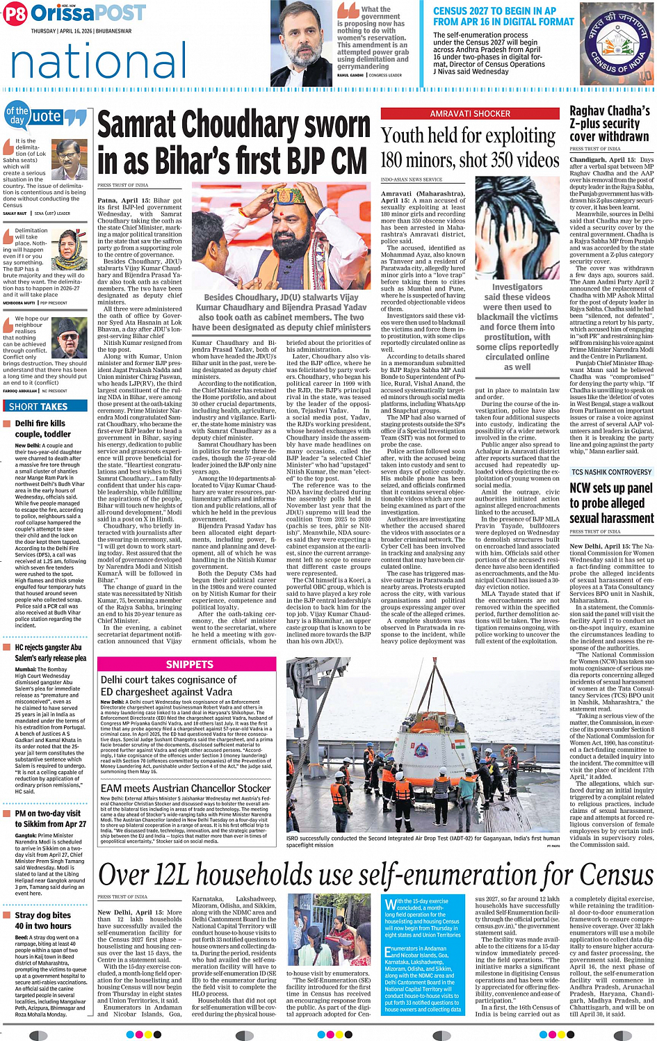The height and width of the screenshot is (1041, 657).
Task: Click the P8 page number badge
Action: pos(15,14)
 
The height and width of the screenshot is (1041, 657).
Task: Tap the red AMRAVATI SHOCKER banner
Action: pos(470,113)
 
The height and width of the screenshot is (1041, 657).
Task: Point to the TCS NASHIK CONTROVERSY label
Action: pos(611,472)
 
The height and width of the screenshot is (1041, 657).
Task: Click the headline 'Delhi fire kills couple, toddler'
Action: pos(43,428)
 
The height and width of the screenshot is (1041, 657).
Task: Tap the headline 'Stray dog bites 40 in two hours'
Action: pos(43,921)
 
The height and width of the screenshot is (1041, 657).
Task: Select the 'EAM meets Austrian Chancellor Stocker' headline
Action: pos(185,789)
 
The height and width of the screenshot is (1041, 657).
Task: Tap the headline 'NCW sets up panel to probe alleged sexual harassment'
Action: pos(611,503)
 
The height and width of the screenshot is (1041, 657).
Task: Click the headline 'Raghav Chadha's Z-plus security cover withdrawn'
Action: pos(610,124)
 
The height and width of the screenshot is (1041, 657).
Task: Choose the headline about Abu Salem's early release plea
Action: pos(50,652)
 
